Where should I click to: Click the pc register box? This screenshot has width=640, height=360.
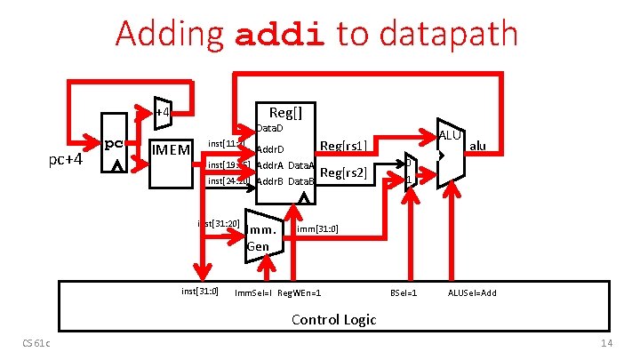pos(113,151)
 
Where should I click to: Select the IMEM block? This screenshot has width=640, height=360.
pos(171,150)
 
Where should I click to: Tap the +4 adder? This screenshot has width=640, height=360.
pos(162,112)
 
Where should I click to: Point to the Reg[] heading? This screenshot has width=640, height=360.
pos(286,112)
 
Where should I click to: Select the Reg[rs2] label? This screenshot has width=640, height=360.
pos(343,172)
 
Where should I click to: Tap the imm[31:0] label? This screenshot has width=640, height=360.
pos(317,229)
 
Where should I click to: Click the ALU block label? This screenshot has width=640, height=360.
pos(450,135)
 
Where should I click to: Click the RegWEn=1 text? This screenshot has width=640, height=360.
pos(300,292)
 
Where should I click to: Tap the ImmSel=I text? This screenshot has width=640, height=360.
pos(253,292)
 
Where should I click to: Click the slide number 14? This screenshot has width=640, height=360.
pos(607,343)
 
